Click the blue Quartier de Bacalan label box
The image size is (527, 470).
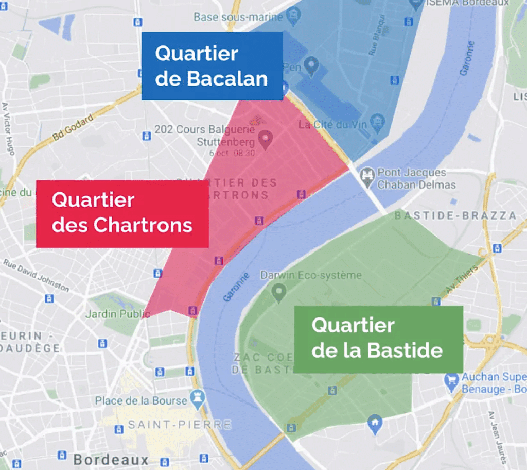(212, 66)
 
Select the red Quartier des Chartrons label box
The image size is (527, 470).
(122, 213)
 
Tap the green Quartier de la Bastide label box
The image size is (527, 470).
(378, 339)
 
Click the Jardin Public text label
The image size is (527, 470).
(114, 314)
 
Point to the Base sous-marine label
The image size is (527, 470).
(238, 17)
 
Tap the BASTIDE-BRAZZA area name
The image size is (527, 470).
(455, 216)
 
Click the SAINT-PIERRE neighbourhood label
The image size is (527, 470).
(179, 425)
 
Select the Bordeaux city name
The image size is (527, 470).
(111, 459)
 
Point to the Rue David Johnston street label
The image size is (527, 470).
(36, 275)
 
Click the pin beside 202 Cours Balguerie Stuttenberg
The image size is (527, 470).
(266, 140)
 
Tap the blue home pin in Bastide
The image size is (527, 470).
(375, 423)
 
